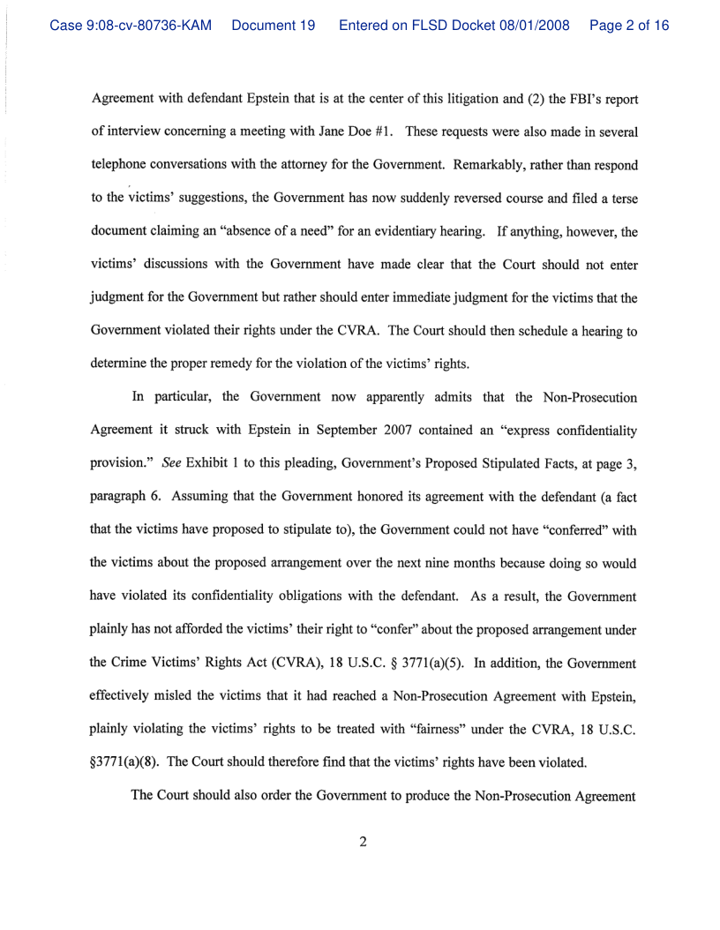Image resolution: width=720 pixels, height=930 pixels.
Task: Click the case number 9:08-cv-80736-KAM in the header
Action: coord(131,26)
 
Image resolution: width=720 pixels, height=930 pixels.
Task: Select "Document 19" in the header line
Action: coord(274,26)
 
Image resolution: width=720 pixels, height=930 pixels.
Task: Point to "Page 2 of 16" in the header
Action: coord(629,26)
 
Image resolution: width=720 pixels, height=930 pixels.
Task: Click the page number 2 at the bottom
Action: coord(363,841)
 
